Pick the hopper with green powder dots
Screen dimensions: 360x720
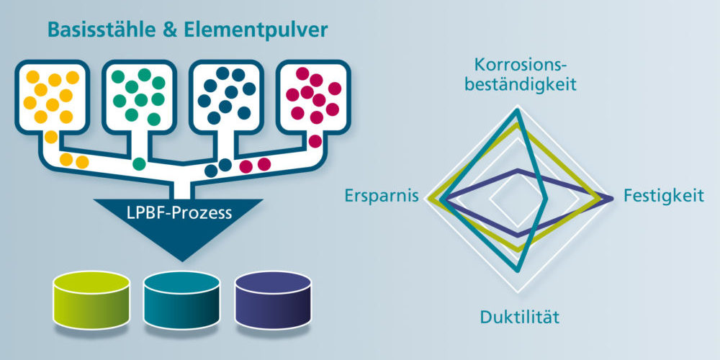click(x=139, y=96)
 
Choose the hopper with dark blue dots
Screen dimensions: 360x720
click(x=227, y=96)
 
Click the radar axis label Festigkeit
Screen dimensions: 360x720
click(x=663, y=196)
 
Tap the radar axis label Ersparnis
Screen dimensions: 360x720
click(x=382, y=196)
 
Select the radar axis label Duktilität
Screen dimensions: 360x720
click(x=519, y=317)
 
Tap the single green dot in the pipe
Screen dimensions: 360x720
click(x=139, y=163)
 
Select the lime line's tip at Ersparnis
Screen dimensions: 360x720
click(x=429, y=198)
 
